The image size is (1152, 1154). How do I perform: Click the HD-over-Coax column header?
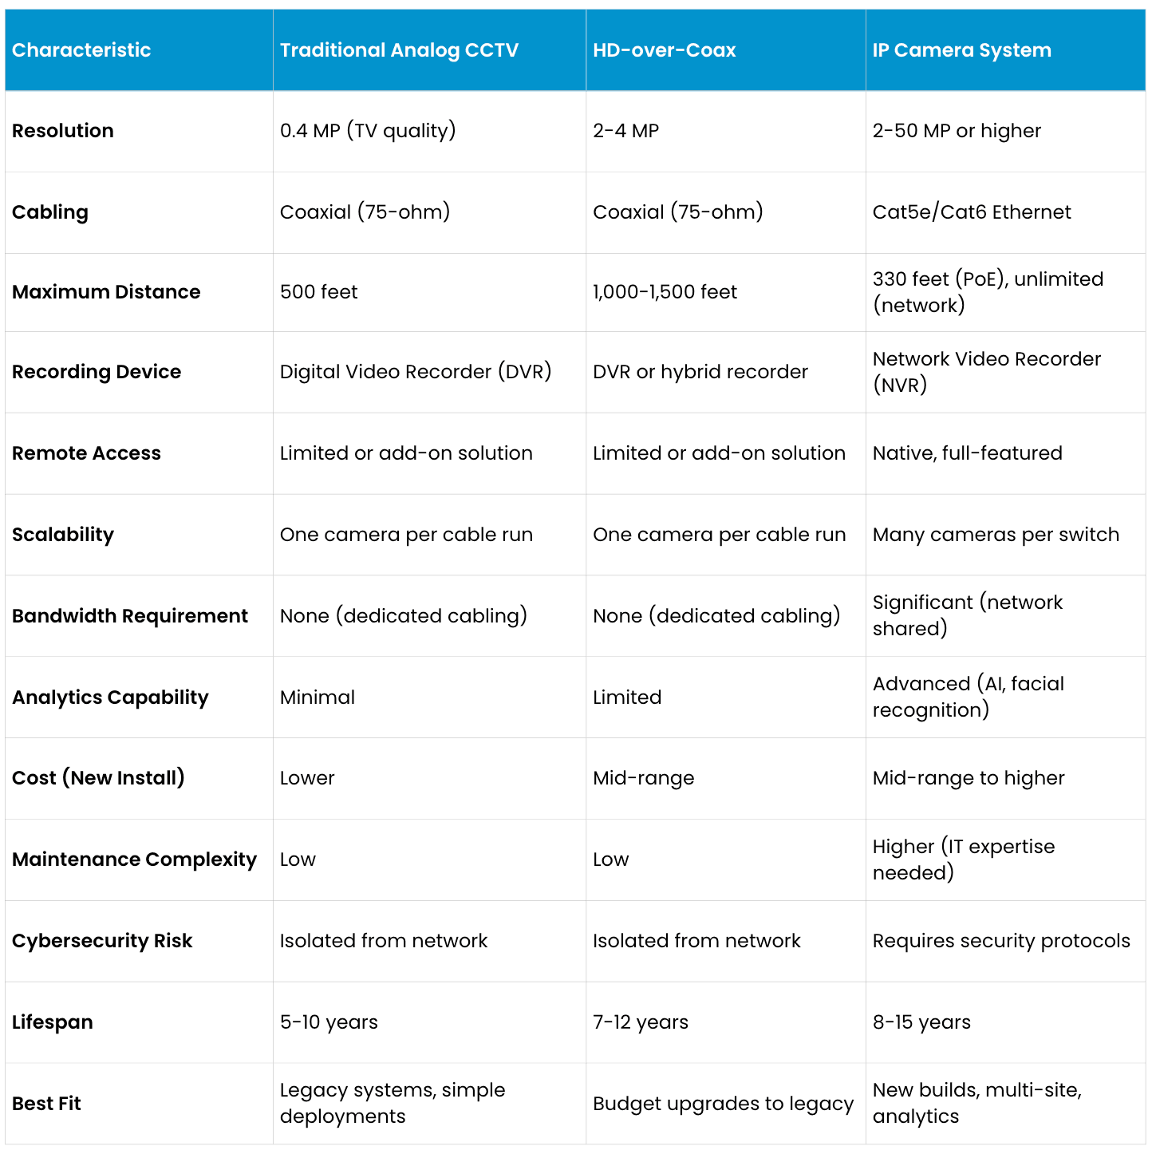click(664, 50)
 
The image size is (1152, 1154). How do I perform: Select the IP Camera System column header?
click(961, 50)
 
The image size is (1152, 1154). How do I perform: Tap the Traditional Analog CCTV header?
click(399, 50)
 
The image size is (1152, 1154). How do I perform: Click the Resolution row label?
click(63, 131)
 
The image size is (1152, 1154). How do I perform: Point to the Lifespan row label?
click(53, 1022)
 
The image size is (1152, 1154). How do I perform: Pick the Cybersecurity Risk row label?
click(102, 941)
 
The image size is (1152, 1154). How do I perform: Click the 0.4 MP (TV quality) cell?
click(368, 131)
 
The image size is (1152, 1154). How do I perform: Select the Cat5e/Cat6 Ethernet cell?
click(972, 212)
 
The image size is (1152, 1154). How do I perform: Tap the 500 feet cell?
click(318, 292)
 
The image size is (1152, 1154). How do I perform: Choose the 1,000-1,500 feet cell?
click(665, 292)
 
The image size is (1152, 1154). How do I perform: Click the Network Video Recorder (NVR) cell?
click(986, 372)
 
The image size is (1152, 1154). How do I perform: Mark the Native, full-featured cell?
click(967, 453)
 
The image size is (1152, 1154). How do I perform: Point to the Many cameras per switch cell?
click(996, 535)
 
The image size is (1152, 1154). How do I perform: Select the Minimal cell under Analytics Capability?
click(318, 698)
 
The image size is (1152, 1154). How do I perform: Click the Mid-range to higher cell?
click(969, 778)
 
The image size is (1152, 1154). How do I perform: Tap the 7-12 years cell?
click(641, 1022)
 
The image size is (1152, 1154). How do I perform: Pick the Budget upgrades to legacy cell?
click(723, 1104)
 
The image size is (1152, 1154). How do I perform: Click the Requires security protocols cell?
click(1001, 941)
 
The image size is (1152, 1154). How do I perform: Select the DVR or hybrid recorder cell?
click(700, 372)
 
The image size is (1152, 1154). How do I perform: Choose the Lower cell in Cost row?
click(307, 778)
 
